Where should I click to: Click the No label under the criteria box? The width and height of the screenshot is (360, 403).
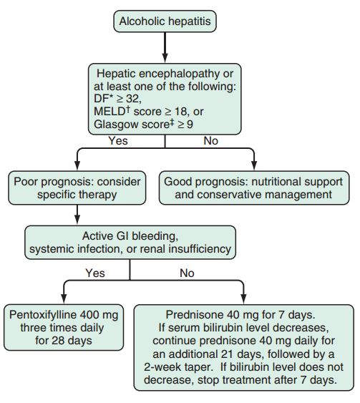point(210,142)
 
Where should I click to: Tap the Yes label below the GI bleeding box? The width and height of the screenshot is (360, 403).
point(94,273)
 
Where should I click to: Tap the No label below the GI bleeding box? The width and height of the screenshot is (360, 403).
point(186,273)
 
